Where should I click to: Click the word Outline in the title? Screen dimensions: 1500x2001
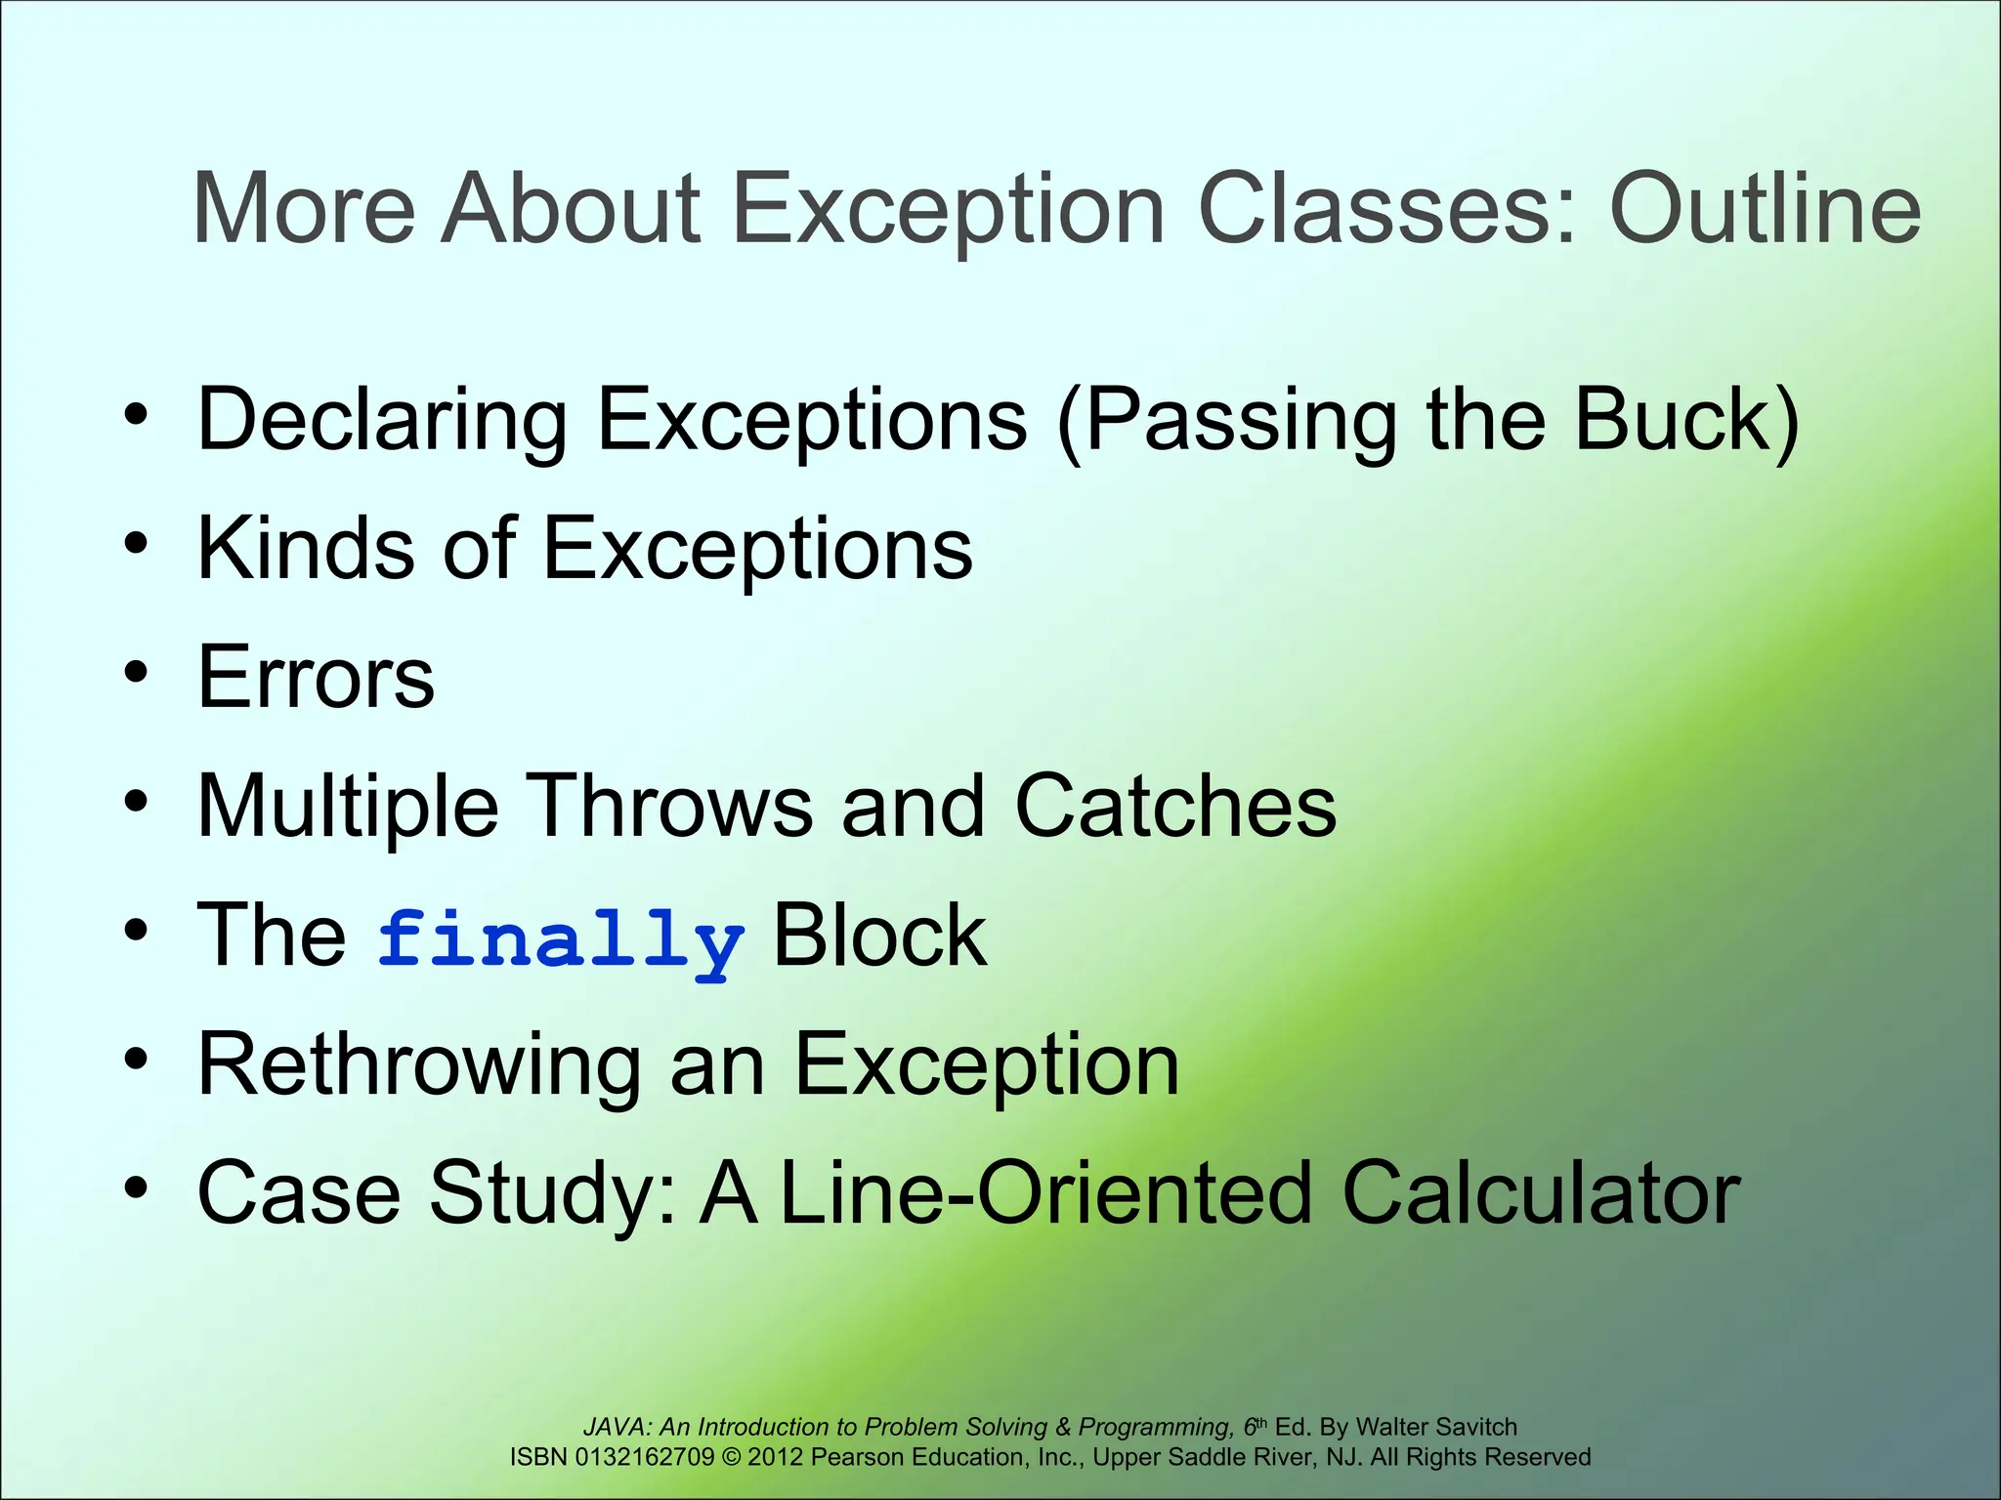[x=1765, y=208]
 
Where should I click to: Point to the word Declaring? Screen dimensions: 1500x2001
[x=382, y=420]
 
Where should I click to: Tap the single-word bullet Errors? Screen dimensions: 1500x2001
[x=316, y=677]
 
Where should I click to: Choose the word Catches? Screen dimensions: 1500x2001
[x=1175, y=806]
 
